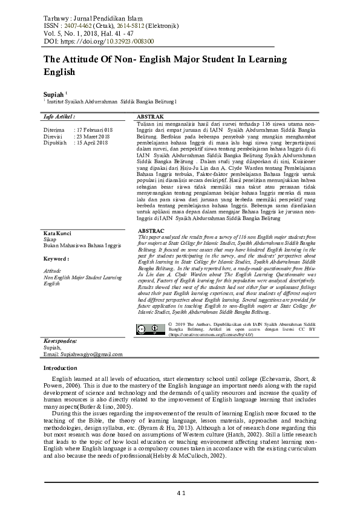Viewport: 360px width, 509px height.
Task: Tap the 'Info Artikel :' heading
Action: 61,115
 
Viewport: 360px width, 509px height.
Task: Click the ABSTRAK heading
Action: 151,115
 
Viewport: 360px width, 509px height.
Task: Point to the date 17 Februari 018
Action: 94,130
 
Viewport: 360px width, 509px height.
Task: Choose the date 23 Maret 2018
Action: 91,136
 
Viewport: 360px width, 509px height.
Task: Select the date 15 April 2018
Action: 91,142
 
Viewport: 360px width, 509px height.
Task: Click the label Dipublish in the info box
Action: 54,142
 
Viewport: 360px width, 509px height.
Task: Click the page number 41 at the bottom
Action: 180,493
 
